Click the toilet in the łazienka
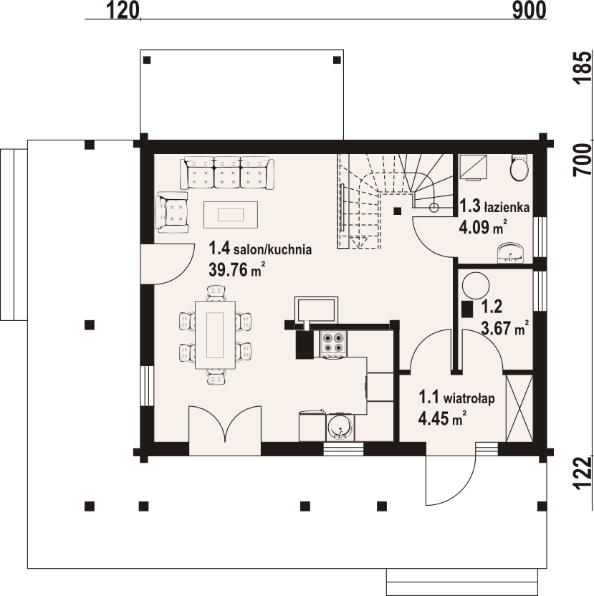click(x=519, y=166)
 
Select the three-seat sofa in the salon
click(x=227, y=173)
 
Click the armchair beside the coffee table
click(x=172, y=212)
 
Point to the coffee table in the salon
click(x=231, y=215)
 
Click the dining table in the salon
click(x=215, y=335)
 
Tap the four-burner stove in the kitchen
click(x=333, y=344)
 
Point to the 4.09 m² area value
click(x=483, y=228)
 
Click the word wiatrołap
click(x=469, y=399)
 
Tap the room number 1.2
click(x=492, y=307)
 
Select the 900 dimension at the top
click(x=529, y=10)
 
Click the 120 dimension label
click(x=122, y=10)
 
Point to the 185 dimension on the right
click(x=583, y=67)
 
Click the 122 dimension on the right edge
click(x=583, y=473)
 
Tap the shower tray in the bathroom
click(x=474, y=167)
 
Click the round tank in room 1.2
click(x=475, y=286)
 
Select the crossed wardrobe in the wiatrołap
click(x=519, y=408)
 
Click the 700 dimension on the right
click(x=583, y=160)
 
